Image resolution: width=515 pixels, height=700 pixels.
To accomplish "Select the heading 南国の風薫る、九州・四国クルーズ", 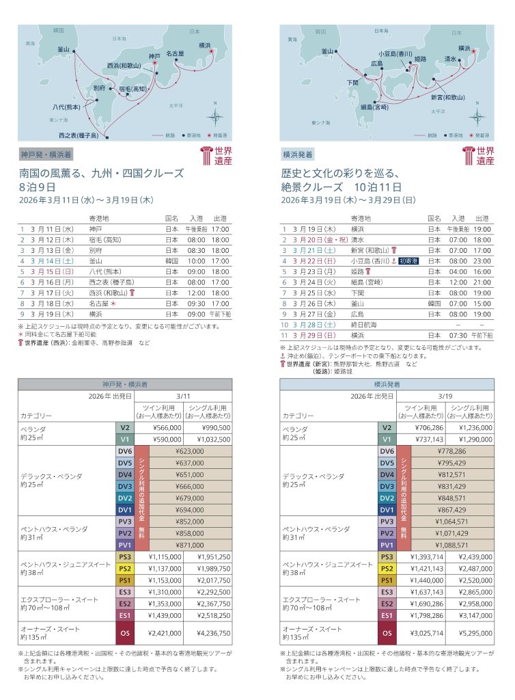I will click(102, 174).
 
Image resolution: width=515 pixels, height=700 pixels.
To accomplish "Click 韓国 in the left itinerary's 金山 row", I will click(171, 260).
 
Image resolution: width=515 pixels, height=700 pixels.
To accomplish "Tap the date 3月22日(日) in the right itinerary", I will click(314, 260).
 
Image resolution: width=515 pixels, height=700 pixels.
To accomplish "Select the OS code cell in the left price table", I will click(124, 634).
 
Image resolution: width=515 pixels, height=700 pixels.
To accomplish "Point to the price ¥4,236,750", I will click(212, 634).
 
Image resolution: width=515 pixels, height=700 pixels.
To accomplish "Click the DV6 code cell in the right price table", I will click(387, 451).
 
